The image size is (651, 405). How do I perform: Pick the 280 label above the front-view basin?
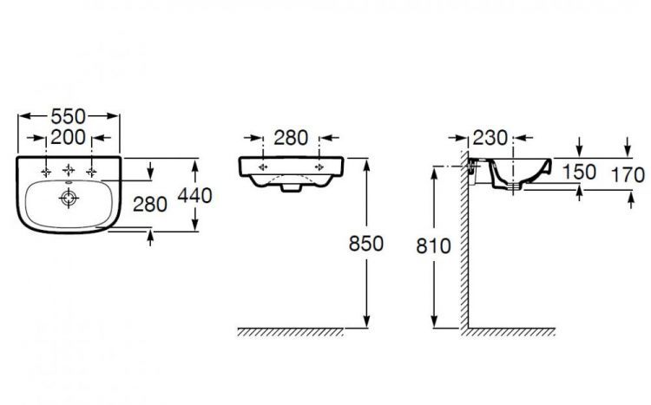click(291, 138)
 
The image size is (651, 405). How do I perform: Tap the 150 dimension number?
click(579, 172)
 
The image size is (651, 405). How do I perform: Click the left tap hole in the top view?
click(45, 171)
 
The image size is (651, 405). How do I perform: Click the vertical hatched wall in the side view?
click(466, 251)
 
